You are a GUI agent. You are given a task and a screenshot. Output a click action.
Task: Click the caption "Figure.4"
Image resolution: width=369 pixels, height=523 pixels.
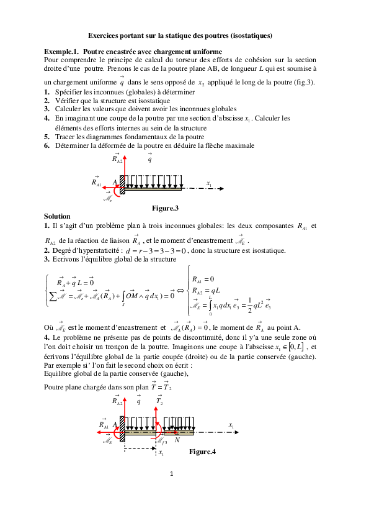tap(202, 452)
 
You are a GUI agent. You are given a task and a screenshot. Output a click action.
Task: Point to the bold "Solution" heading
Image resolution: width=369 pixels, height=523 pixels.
tap(57, 216)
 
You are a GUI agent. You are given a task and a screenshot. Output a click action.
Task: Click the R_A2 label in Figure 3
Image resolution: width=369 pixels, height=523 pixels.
tap(117, 159)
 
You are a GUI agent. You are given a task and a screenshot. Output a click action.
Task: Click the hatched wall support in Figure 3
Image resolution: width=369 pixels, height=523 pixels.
tap(123, 185)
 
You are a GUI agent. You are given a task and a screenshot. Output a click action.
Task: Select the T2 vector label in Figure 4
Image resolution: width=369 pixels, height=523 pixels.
tap(159, 402)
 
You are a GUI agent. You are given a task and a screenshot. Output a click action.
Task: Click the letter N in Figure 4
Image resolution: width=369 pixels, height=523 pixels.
tap(177, 439)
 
